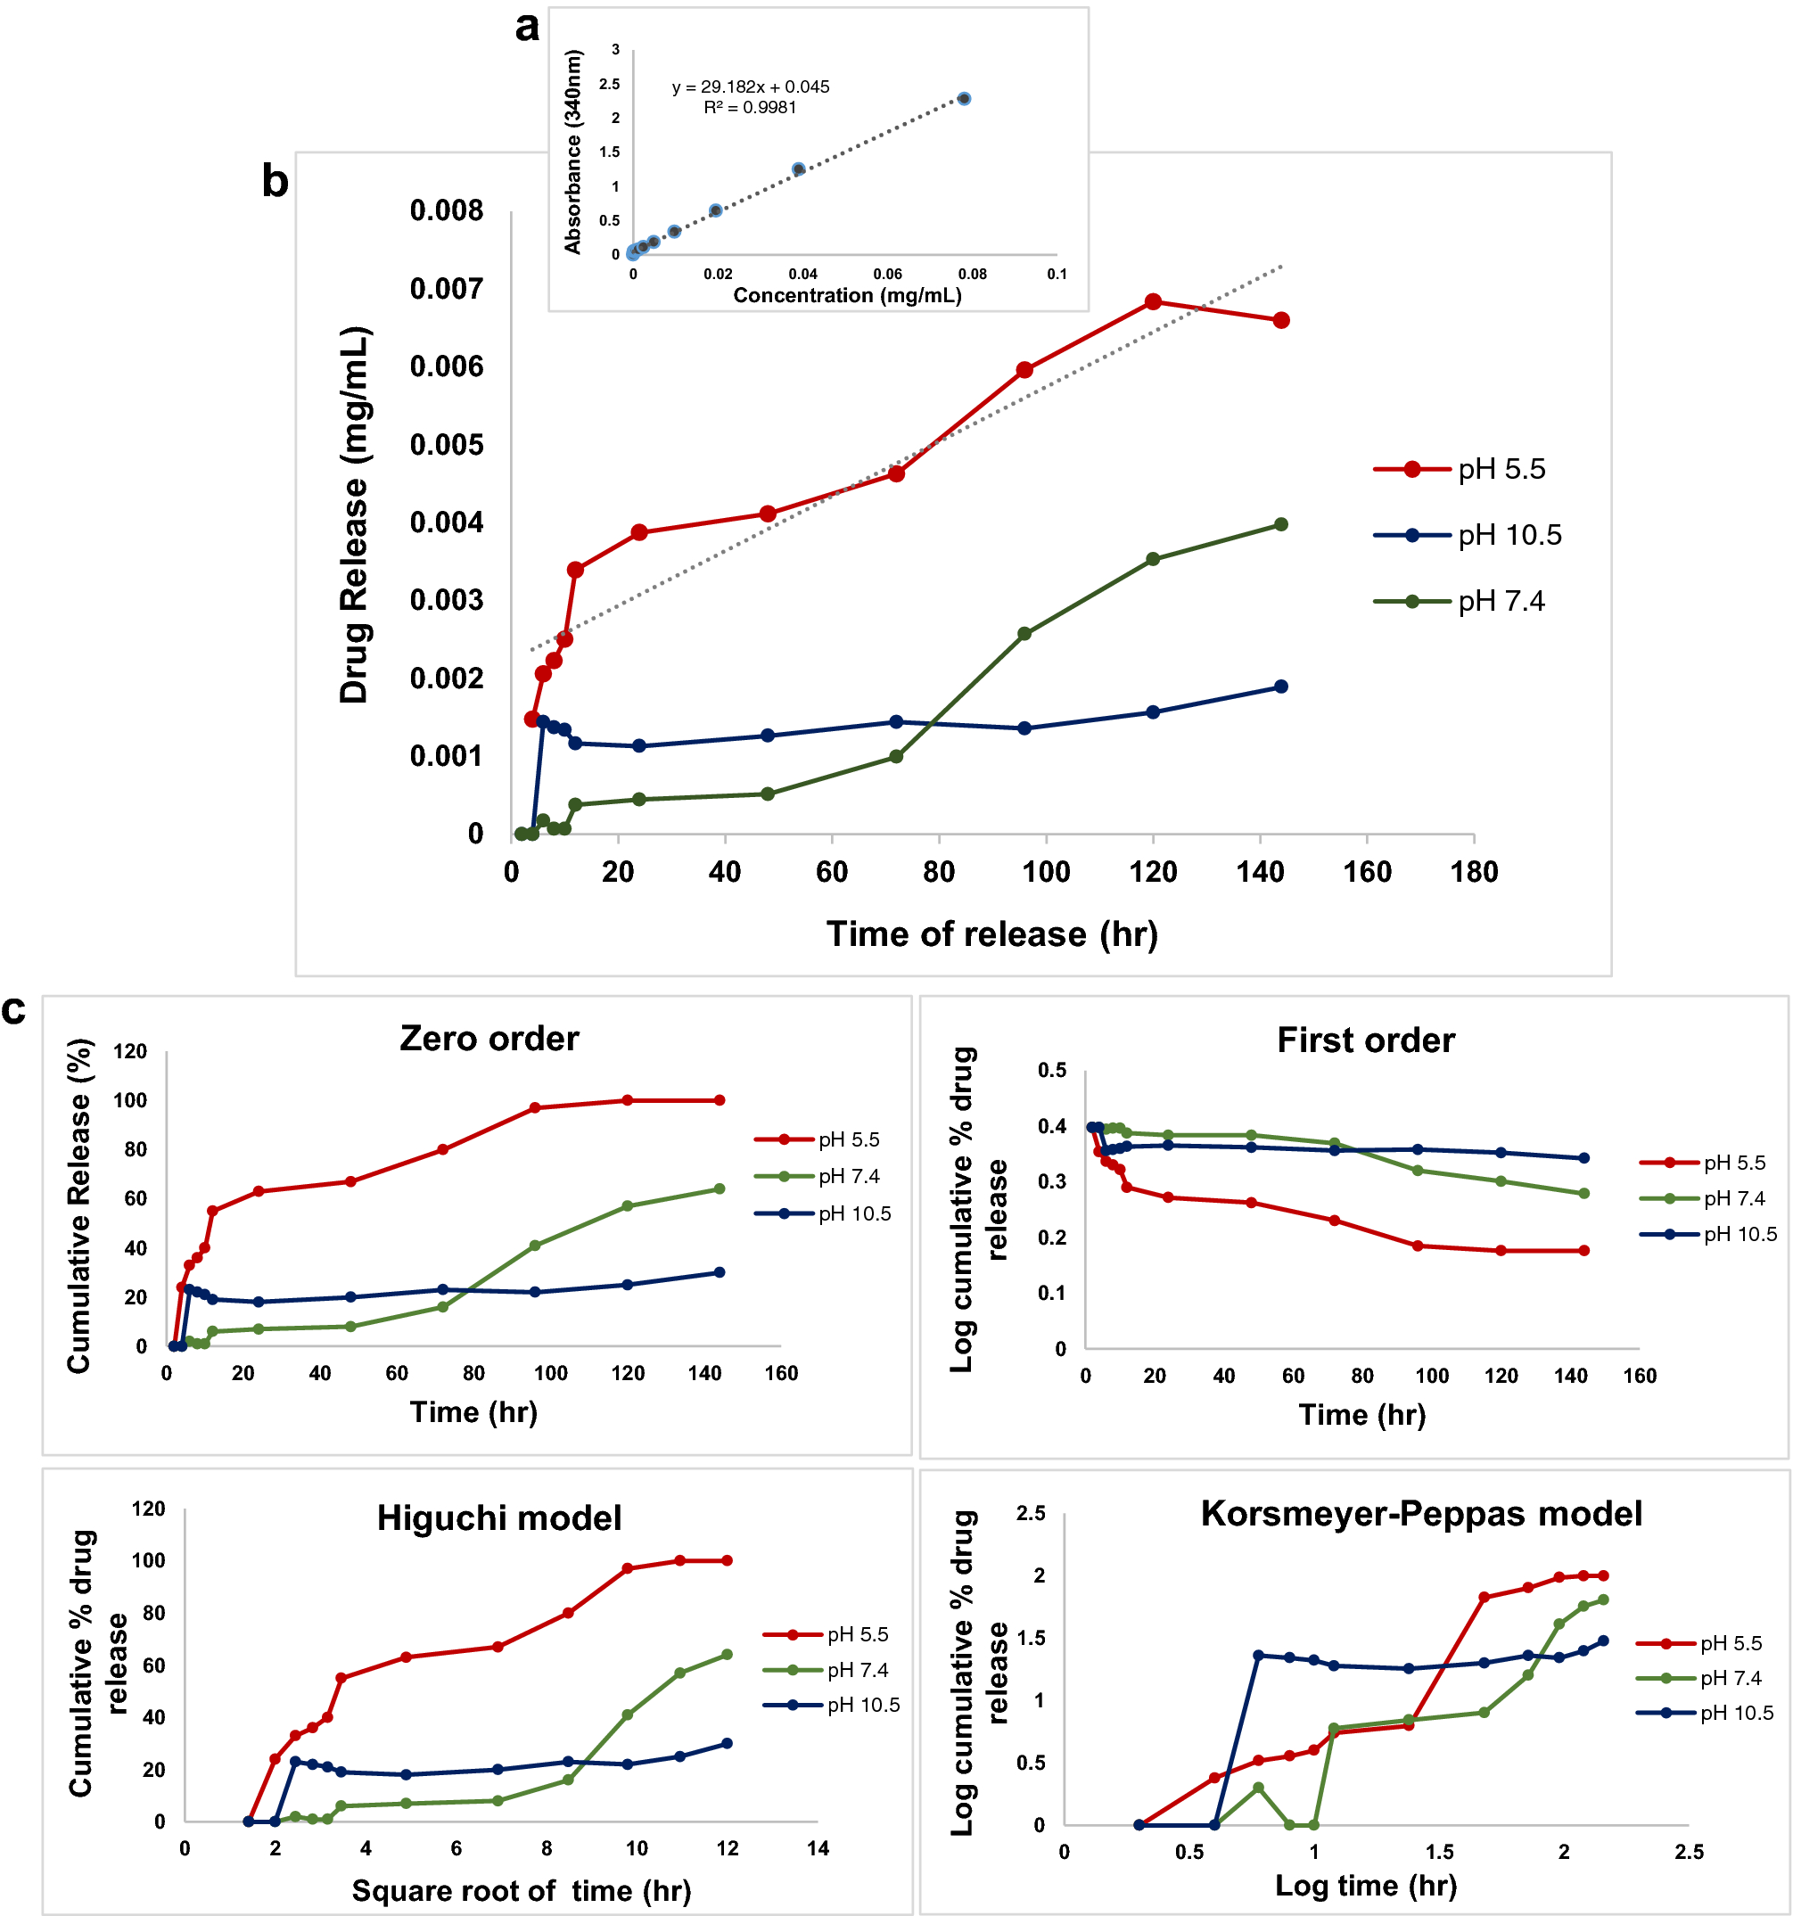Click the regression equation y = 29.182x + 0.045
click(x=750, y=86)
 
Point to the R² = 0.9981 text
click(x=750, y=107)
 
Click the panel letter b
click(x=275, y=181)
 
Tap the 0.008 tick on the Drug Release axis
click(x=447, y=210)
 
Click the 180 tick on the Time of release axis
click(x=1473, y=872)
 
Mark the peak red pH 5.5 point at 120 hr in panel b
click(x=1152, y=301)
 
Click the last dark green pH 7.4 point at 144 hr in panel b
click(x=1280, y=524)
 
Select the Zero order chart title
click(x=489, y=1038)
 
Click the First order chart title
click(x=1365, y=1040)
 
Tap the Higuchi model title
click(x=498, y=1518)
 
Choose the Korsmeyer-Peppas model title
click(x=1421, y=1513)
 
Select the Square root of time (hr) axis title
click(x=521, y=1890)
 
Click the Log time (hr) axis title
click(x=1365, y=1885)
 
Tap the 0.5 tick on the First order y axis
click(x=1052, y=1070)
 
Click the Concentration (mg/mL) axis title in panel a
click(x=847, y=295)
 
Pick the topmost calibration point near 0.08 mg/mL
click(x=963, y=98)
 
